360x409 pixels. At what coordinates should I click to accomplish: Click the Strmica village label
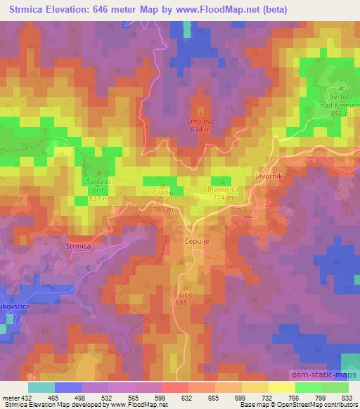tap(77, 246)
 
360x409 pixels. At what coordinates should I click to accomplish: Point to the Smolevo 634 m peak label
tap(200, 125)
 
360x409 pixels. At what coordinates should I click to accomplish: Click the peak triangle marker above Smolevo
tap(200, 110)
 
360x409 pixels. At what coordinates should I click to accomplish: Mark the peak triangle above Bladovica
tap(223, 180)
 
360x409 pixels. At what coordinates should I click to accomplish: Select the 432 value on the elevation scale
tap(20, 398)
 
